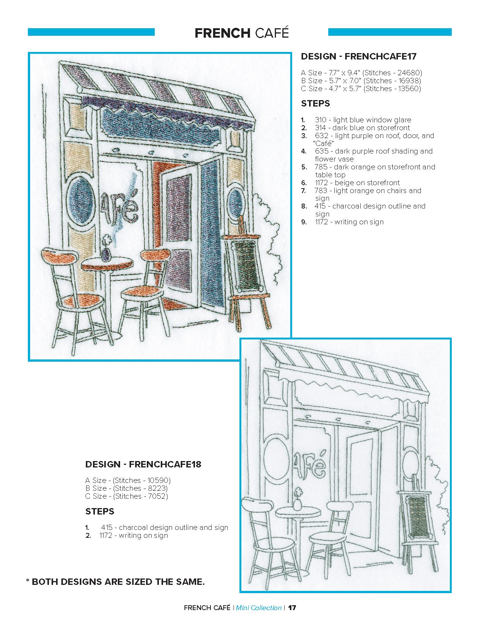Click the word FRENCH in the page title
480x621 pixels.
(x=222, y=33)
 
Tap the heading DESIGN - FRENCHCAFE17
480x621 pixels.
(x=358, y=56)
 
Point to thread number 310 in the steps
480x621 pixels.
(x=320, y=120)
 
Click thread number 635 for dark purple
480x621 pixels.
(x=322, y=151)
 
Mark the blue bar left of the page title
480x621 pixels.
(x=91, y=32)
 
